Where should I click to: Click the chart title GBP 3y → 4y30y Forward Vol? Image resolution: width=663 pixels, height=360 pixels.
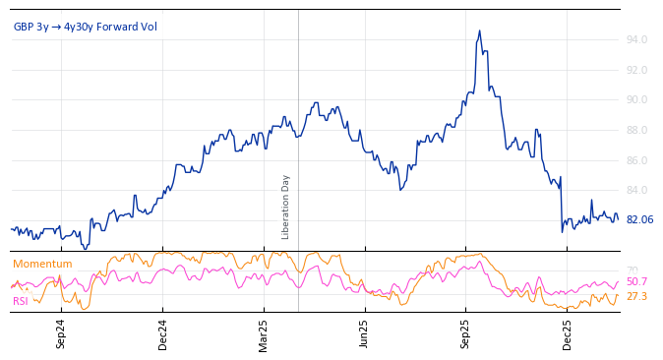(x=85, y=27)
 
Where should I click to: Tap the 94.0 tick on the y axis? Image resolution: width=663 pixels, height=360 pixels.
(x=636, y=40)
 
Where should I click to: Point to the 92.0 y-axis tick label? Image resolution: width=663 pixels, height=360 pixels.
(x=636, y=71)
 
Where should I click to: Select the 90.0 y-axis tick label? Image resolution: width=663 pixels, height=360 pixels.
(x=636, y=100)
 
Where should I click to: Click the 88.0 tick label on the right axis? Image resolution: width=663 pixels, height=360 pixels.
(x=636, y=131)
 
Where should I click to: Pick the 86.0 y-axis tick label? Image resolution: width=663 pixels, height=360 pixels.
(x=636, y=160)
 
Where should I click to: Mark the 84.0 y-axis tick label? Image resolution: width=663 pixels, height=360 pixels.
(x=636, y=191)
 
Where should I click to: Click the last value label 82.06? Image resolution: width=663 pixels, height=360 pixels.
(x=639, y=220)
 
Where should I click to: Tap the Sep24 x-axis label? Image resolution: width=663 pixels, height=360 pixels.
(x=61, y=334)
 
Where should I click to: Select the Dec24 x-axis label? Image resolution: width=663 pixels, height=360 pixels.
(x=163, y=334)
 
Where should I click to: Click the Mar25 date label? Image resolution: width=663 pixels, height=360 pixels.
(x=264, y=334)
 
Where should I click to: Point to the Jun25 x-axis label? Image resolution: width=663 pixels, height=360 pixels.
(x=365, y=334)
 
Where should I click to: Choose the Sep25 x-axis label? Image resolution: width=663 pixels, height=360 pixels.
(x=466, y=334)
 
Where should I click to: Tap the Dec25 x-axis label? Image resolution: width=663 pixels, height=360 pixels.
(x=568, y=334)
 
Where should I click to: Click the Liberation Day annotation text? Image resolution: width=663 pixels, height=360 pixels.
(x=286, y=207)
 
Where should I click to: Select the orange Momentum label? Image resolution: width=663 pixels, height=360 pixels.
(x=42, y=264)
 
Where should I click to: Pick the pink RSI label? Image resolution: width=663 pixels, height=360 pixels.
(x=21, y=301)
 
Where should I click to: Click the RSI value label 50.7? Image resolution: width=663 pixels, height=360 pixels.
(x=636, y=282)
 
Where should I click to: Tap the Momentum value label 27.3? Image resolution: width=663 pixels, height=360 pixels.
(x=636, y=296)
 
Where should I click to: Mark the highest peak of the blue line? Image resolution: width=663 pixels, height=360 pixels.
(x=479, y=30)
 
